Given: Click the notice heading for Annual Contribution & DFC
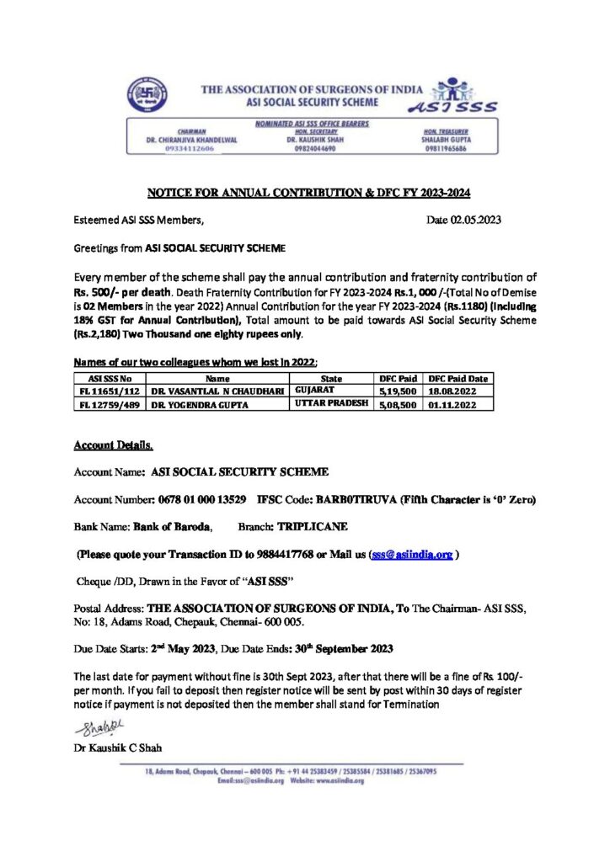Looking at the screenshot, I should point(308,193).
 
